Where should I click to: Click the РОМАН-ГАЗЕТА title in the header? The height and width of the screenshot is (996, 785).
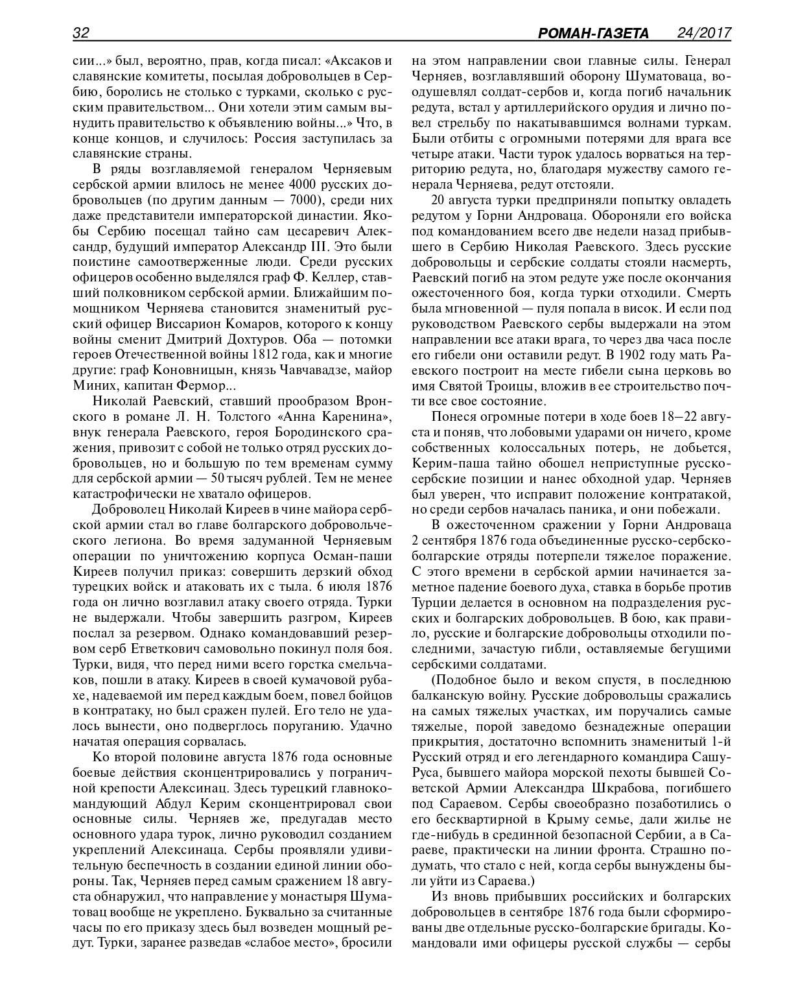[x=594, y=33]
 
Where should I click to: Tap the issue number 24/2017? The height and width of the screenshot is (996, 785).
[x=704, y=32]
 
